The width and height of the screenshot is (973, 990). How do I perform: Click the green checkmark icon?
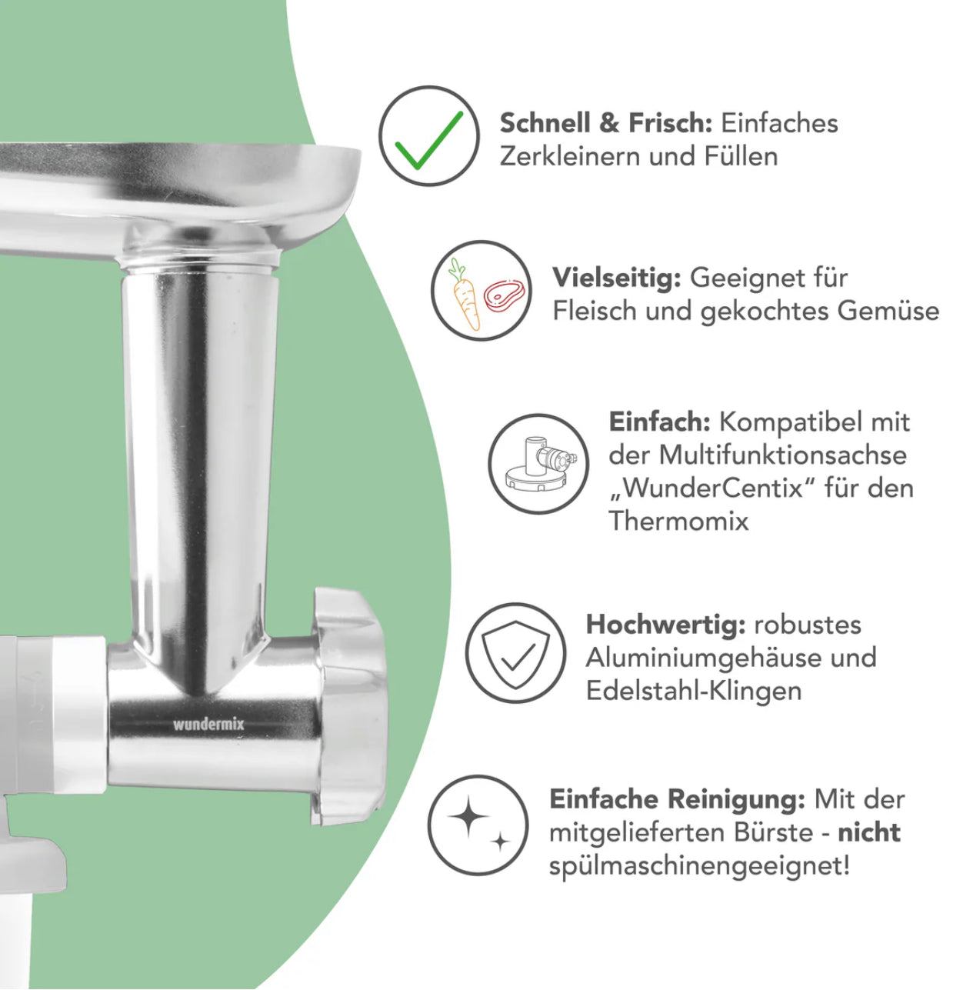click(x=428, y=136)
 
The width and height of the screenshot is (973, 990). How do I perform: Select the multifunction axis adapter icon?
click(x=538, y=463)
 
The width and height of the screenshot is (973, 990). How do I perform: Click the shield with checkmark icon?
click(x=516, y=653)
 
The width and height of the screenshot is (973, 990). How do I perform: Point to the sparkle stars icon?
click(x=478, y=825)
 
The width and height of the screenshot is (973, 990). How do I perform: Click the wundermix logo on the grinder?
click(x=208, y=724)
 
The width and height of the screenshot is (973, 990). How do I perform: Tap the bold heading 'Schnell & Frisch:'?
click(x=606, y=122)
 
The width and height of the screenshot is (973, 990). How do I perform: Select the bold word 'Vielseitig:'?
click(x=616, y=277)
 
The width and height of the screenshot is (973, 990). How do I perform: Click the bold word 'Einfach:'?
click(x=659, y=422)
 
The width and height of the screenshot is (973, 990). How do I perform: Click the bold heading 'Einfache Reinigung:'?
click(x=677, y=799)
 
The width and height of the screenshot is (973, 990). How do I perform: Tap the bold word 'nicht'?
click(x=868, y=832)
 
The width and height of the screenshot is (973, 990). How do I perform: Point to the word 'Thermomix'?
click(x=678, y=521)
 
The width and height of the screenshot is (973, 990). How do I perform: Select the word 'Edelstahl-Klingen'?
click(x=693, y=690)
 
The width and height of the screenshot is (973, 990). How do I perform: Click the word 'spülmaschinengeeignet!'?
click(x=699, y=865)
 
